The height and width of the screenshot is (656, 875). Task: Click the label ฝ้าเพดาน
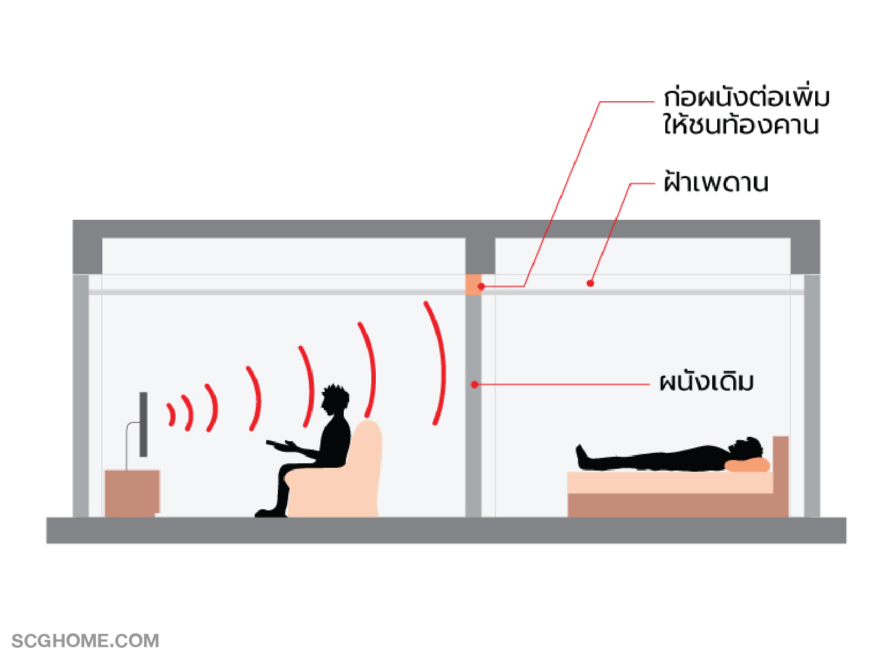click(x=716, y=182)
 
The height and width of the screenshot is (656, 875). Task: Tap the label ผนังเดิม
click(x=706, y=382)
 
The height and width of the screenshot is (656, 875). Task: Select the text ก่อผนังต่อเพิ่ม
click(x=746, y=97)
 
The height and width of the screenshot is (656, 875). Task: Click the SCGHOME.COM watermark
click(x=85, y=640)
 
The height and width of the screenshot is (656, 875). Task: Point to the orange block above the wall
click(x=473, y=285)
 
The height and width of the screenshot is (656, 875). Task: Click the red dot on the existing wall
click(x=474, y=384)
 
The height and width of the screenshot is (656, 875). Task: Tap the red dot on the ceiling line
click(x=591, y=283)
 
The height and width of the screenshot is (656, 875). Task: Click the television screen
click(x=143, y=424)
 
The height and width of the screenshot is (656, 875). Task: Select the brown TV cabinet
click(x=132, y=492)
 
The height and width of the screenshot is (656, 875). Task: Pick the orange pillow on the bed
click(x=747, y=464)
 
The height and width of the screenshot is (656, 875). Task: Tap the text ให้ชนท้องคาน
click(x=741, y=125)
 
